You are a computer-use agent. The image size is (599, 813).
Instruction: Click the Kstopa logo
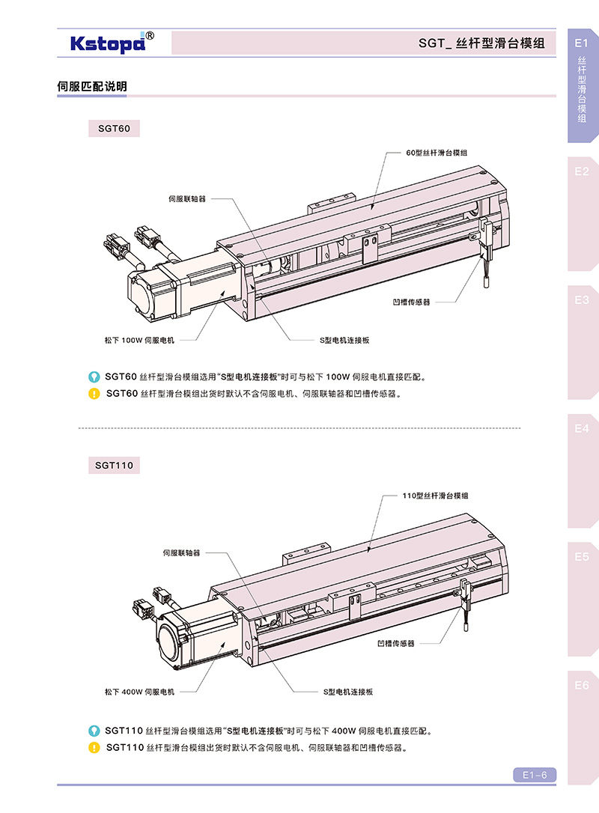(112, 43)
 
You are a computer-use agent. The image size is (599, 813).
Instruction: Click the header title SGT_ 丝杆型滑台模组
(481, 44)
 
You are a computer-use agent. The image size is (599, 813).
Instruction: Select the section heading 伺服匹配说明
(92, 87)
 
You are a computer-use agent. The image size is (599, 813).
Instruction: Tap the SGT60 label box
(114, 129)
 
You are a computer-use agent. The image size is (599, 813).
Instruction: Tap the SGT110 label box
(114, 465)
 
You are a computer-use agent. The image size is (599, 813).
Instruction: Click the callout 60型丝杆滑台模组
(437, 152)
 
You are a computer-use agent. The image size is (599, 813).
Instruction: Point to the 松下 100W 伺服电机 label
(139, 340)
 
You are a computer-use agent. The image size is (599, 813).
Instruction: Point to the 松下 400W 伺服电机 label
(139, 692)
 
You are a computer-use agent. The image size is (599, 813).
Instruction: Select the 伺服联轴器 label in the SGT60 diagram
(186, 199)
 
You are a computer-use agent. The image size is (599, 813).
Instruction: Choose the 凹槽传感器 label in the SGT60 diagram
(411, 302)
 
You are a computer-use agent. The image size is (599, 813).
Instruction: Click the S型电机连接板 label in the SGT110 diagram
(348, 692)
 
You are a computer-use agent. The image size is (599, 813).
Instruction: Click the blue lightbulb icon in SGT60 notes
(94, 377)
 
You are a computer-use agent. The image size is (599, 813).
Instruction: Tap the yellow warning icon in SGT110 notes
(94, 747)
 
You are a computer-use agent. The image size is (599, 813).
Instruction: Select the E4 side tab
(582, 429)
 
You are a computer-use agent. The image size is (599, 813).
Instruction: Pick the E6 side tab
(582, 685)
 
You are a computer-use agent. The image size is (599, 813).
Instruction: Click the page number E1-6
(535, 775)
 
